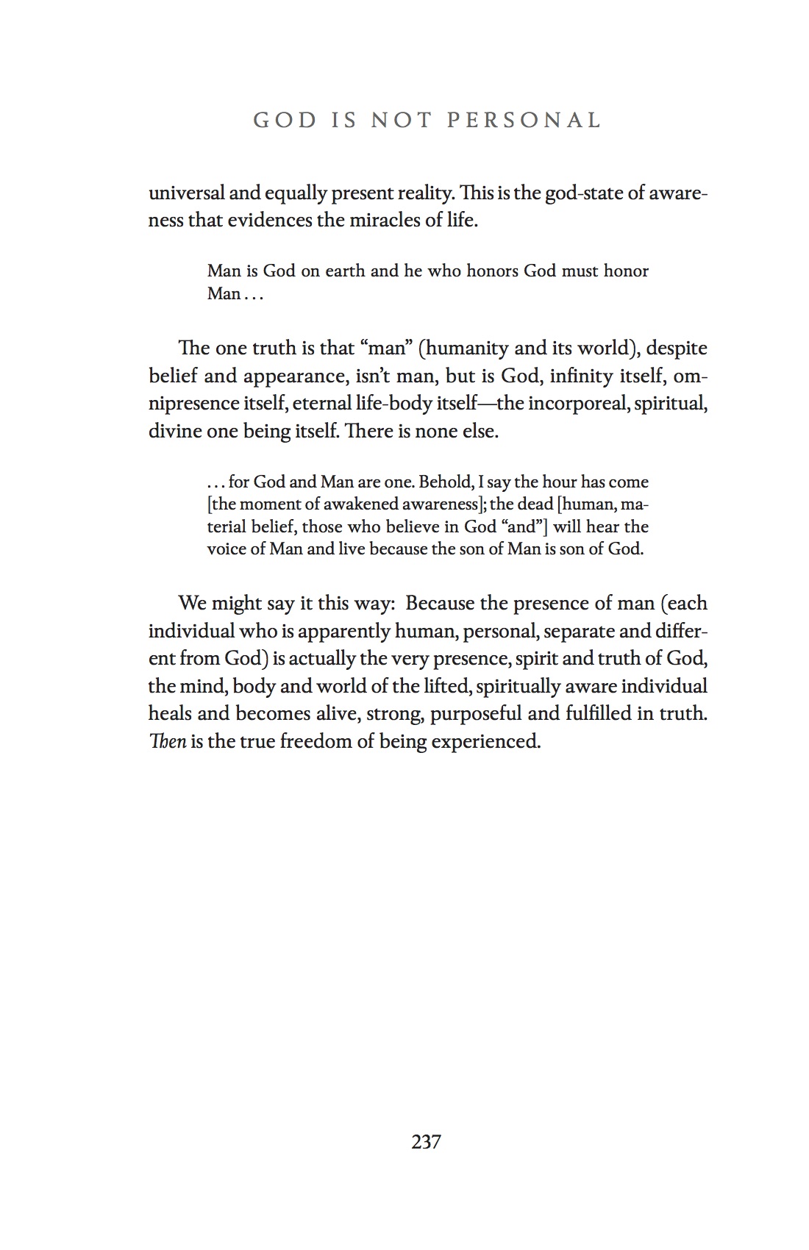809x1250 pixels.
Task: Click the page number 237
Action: coord(427,1142)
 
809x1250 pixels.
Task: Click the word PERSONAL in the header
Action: coord(524,120)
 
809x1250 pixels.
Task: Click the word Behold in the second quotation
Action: coord(445,482)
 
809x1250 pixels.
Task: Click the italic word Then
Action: coord(167,741)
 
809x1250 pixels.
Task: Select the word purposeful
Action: coord(476,714)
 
